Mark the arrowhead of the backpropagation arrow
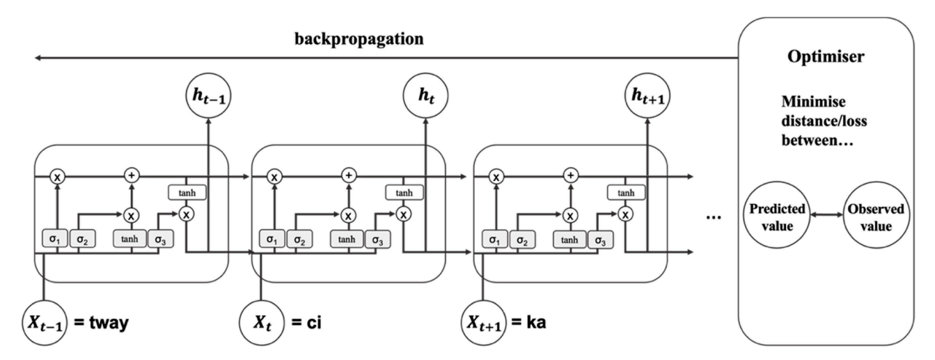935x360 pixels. [x=38, y=59]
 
